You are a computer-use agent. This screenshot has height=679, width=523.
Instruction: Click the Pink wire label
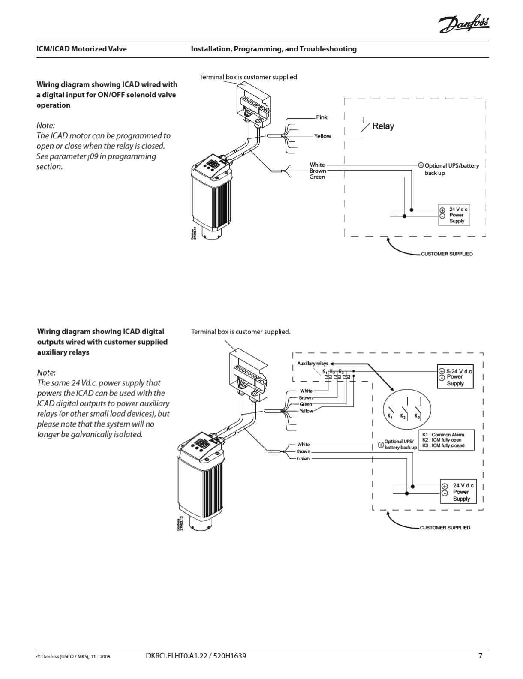click(x=322, y=117)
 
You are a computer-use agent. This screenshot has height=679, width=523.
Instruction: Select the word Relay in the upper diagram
click(x=383, y=126)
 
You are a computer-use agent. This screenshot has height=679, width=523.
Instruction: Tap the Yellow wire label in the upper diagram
click(x=322, y=136)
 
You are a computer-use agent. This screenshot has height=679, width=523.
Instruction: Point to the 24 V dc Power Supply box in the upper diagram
click(x=454, y=215)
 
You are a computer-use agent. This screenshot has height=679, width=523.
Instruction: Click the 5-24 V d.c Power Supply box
click(x=455, y=377)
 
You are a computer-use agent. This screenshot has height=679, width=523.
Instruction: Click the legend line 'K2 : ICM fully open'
click(x=442, y=440)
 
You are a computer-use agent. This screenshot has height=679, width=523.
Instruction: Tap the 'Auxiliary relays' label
click(x=313, y=363)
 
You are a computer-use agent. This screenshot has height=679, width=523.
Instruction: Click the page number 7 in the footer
click(x=480, y=655)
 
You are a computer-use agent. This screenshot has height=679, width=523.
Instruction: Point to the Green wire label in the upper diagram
click(x=317, y=177)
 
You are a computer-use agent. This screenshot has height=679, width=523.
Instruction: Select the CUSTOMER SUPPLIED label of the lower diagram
click(x=445, y=528)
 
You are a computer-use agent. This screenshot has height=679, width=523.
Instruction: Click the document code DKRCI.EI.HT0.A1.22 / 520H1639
click(x=196, y=655)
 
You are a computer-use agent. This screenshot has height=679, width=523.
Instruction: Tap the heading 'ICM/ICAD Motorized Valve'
click(x=81, y=49)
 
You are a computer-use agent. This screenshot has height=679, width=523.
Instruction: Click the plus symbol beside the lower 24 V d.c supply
click(x=445, y=486)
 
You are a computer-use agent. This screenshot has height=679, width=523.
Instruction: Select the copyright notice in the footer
click(x=73, y=656)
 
